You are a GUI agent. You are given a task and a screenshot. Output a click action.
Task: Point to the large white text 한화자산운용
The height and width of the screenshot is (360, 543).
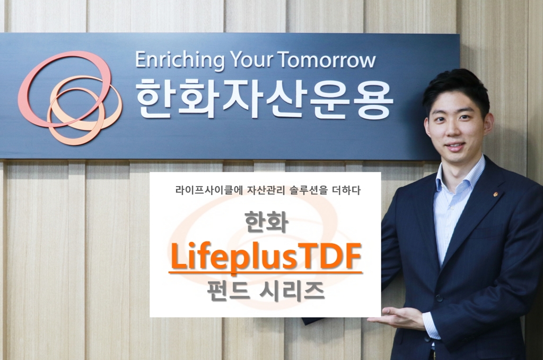[x=264, y=99]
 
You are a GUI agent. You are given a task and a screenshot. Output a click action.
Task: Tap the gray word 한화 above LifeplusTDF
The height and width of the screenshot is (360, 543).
[x=265, y=222]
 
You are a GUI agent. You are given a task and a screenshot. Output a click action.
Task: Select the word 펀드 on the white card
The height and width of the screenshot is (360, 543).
[x=230, y=291]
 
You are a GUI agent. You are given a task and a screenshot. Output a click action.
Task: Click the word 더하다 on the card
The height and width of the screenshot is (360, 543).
[x=347, y=190]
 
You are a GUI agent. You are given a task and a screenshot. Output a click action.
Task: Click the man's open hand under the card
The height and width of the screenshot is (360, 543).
[x=395, y=318]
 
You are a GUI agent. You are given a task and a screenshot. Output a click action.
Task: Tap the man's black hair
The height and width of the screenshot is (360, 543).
[x=456, y=85]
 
